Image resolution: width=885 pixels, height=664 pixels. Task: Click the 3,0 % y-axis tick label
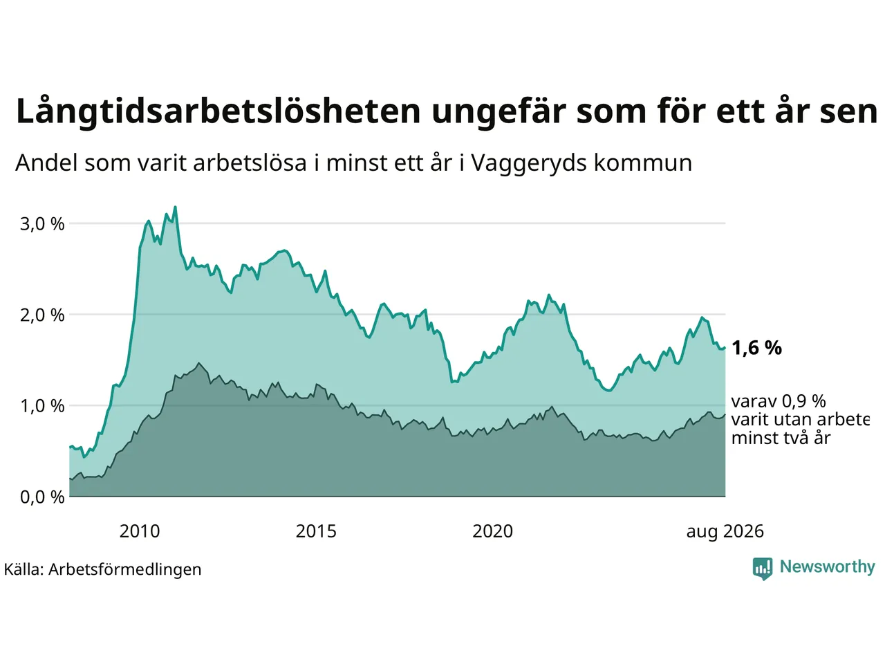42,224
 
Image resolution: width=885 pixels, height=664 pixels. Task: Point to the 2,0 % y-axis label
42,315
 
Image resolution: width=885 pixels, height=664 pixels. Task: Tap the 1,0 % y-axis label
42,407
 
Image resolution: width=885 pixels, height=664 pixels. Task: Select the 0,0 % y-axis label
42,497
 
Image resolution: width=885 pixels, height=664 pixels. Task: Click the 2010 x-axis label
140,531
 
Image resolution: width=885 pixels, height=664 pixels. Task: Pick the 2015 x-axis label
316,531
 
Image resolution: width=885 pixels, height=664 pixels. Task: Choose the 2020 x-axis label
492,531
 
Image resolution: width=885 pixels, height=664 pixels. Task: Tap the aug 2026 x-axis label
725,532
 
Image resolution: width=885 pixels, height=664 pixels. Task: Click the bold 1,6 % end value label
756,347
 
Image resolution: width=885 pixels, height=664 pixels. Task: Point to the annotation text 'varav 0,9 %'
779,402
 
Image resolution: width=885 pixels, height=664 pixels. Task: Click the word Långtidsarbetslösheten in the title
218,111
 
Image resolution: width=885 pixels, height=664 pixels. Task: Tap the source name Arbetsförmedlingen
124,569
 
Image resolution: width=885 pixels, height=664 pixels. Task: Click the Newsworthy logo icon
763,569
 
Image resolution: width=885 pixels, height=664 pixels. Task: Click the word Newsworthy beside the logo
828,567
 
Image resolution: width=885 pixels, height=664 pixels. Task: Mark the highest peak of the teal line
175,207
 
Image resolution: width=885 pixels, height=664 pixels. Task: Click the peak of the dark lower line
198,363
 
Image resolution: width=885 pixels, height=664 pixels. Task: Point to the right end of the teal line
725,347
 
